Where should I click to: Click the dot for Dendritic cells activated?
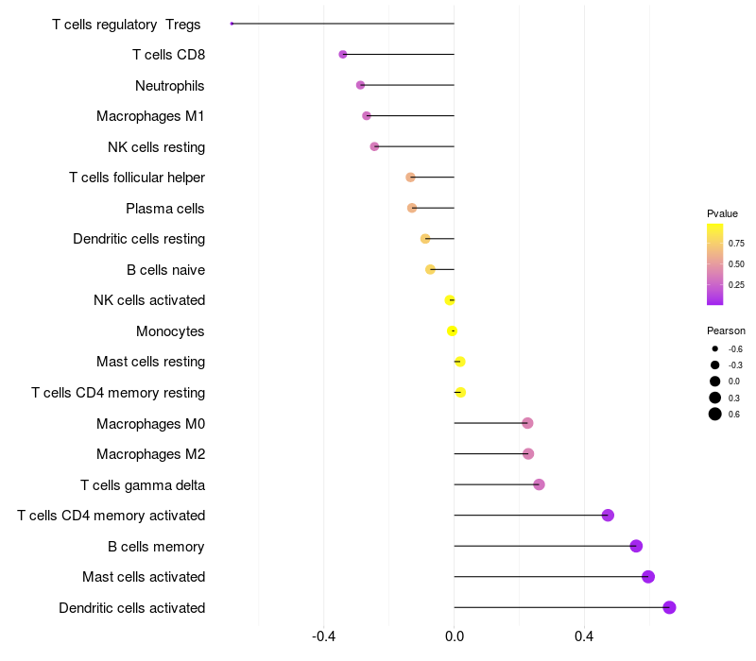[669, 607]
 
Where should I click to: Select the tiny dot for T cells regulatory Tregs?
[232, 24]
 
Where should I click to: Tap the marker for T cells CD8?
[343, 55]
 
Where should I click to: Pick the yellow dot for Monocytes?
[452, 331]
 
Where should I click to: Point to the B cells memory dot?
[636, 546]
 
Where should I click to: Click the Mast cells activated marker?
[648, 577]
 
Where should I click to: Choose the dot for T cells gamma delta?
[539, 484]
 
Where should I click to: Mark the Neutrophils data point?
[360, 85]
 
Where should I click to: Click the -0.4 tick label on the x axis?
[323, 636]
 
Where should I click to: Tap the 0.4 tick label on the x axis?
[584, 636]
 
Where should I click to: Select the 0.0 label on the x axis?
[455, 636]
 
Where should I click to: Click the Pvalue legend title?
[722, 213]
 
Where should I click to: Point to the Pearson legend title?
[726, 330]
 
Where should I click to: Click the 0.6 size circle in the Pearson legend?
[715, 414]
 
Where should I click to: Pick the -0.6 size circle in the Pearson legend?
[715, 348]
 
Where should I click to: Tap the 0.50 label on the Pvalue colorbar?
[736, 264]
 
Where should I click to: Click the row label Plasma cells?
[164, 209]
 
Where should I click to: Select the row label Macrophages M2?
[151, 454]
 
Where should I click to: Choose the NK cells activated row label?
[149, 300]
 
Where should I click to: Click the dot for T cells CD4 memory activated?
[608, 515]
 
